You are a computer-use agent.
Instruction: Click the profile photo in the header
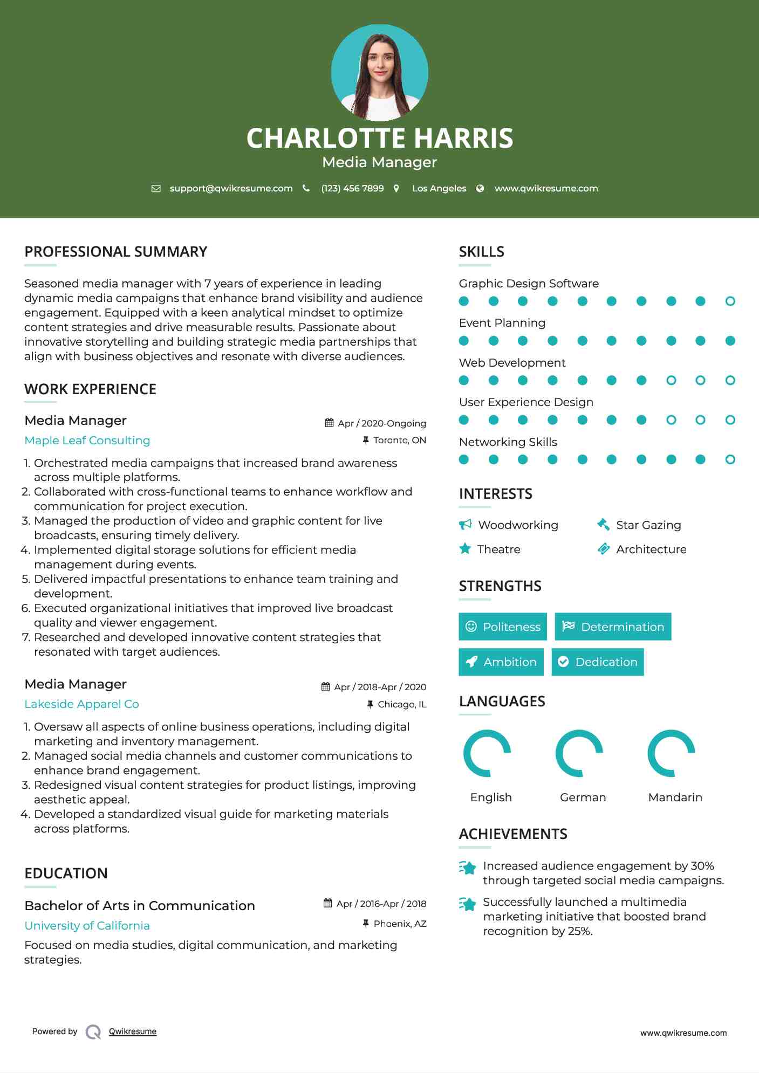379,73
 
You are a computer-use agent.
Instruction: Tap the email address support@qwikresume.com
231,188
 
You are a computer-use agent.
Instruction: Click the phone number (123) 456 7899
352,188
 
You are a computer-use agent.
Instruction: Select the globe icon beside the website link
480,188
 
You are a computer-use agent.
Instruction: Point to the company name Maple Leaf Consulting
87,441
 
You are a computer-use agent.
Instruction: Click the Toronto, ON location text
399,440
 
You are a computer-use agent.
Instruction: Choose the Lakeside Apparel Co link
81,704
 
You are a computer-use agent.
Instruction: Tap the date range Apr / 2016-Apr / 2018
381,904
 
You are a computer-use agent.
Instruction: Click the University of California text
87,926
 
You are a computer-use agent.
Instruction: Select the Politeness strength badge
503,627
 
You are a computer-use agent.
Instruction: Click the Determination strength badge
613,627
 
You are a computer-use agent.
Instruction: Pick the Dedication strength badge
598,662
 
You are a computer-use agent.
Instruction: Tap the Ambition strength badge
501,662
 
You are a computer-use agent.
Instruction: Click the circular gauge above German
579,753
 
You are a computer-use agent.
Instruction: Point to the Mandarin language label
675,797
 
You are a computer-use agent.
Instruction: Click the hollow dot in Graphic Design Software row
730,301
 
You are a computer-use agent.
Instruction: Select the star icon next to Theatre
465,549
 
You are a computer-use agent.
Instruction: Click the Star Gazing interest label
648,525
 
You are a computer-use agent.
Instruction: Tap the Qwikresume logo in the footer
93,1031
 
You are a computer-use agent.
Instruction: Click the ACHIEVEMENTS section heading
513,834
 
